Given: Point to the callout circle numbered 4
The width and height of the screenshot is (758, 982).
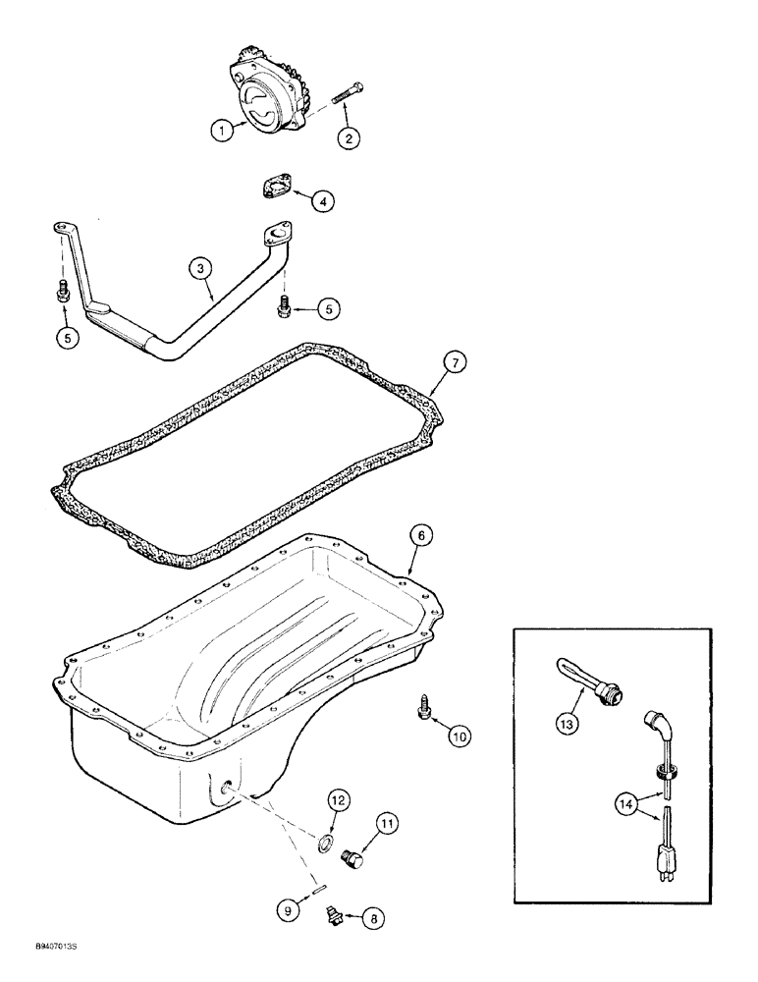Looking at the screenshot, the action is point(322,200).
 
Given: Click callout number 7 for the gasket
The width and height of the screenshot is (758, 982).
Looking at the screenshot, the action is point(455,362).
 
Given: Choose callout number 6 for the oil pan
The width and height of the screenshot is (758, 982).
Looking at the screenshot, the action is point(419,535).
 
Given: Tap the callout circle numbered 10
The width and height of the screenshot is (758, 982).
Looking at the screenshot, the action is point(460,735).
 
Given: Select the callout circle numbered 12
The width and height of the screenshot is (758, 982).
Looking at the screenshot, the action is point(336,801).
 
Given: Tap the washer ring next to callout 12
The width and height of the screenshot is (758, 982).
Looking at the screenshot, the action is point(322,842).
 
